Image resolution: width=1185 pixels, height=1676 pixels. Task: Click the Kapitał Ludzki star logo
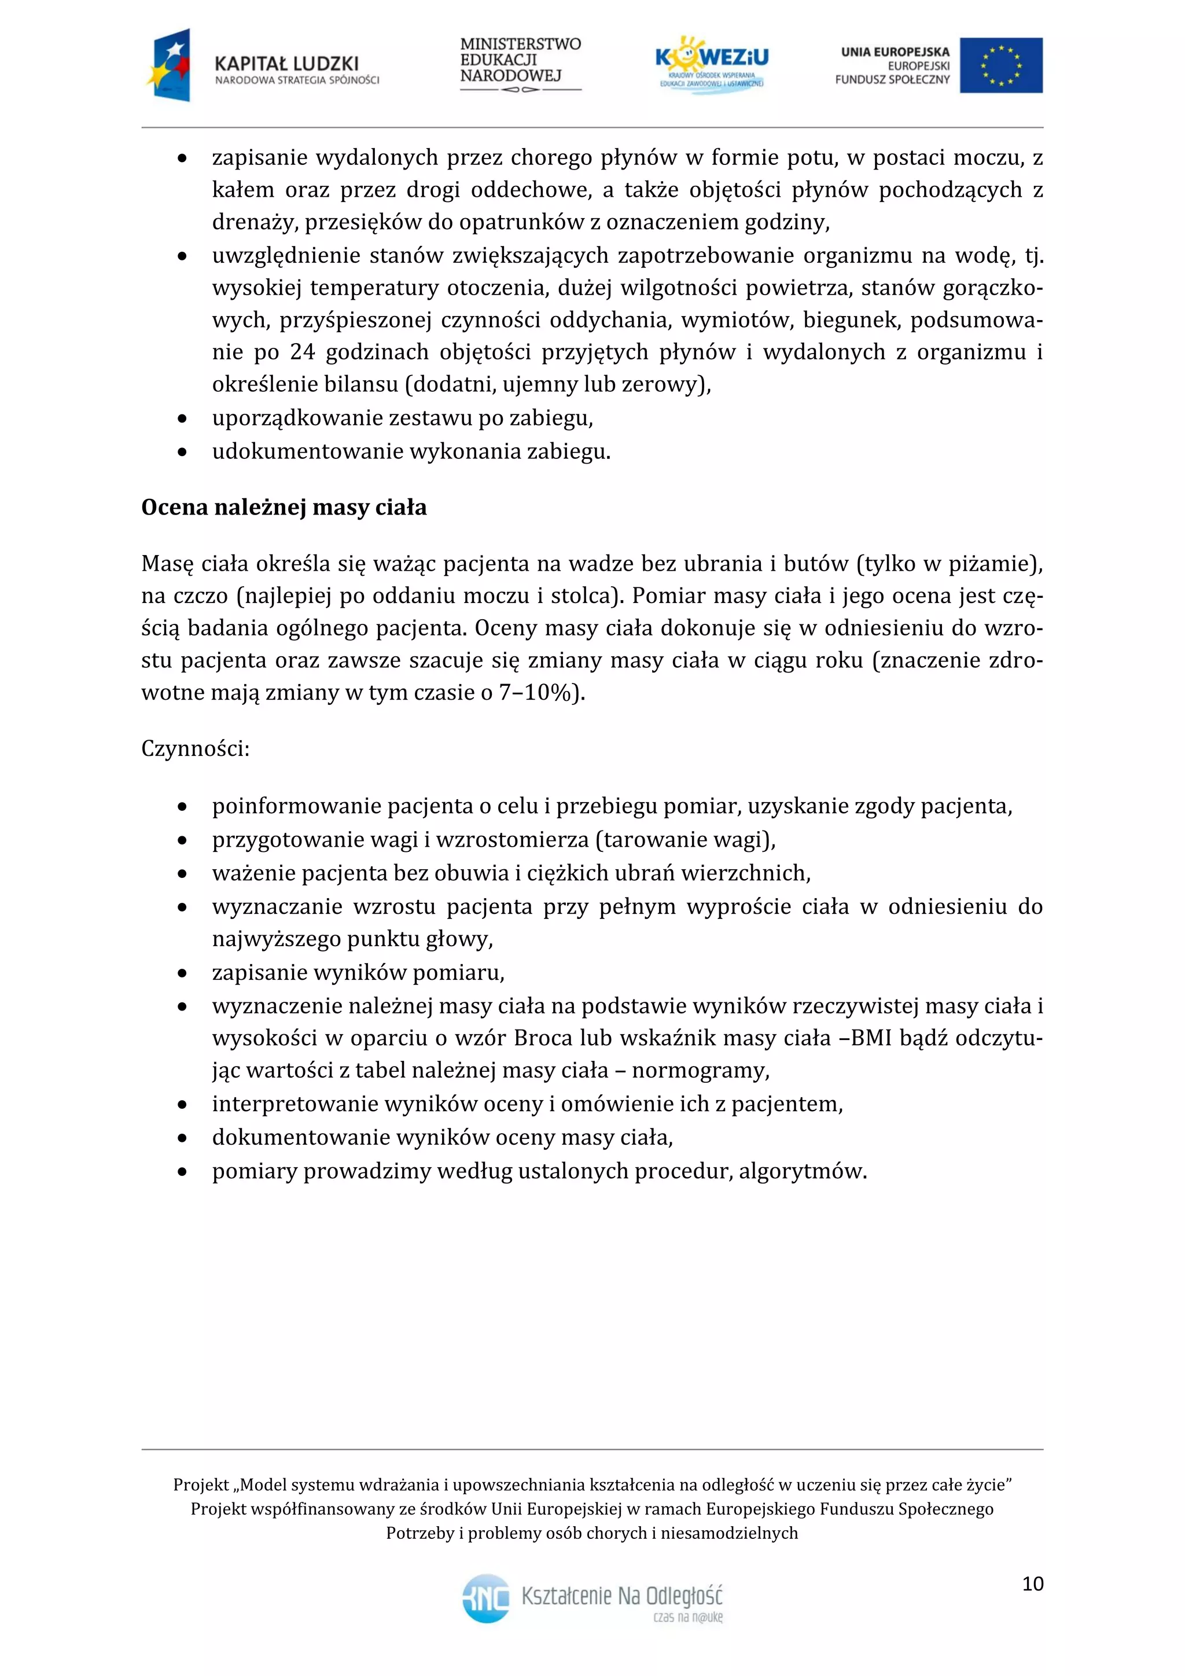coord(170,64)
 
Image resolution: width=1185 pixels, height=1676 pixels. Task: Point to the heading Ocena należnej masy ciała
coord(284,508)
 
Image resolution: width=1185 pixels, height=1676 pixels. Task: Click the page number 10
coord(1032,1583)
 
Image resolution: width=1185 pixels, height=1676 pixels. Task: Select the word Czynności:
coord(196,749)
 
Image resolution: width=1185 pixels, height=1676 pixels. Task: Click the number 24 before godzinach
coord(302,352)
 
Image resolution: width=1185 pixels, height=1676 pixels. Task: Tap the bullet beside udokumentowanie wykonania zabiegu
coord(182,453)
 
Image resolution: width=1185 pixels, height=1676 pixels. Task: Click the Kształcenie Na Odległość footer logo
coord(592,1597)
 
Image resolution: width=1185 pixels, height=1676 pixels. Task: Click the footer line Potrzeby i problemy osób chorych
coord(592,1533)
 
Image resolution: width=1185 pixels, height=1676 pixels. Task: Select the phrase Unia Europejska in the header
coord(895,52)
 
